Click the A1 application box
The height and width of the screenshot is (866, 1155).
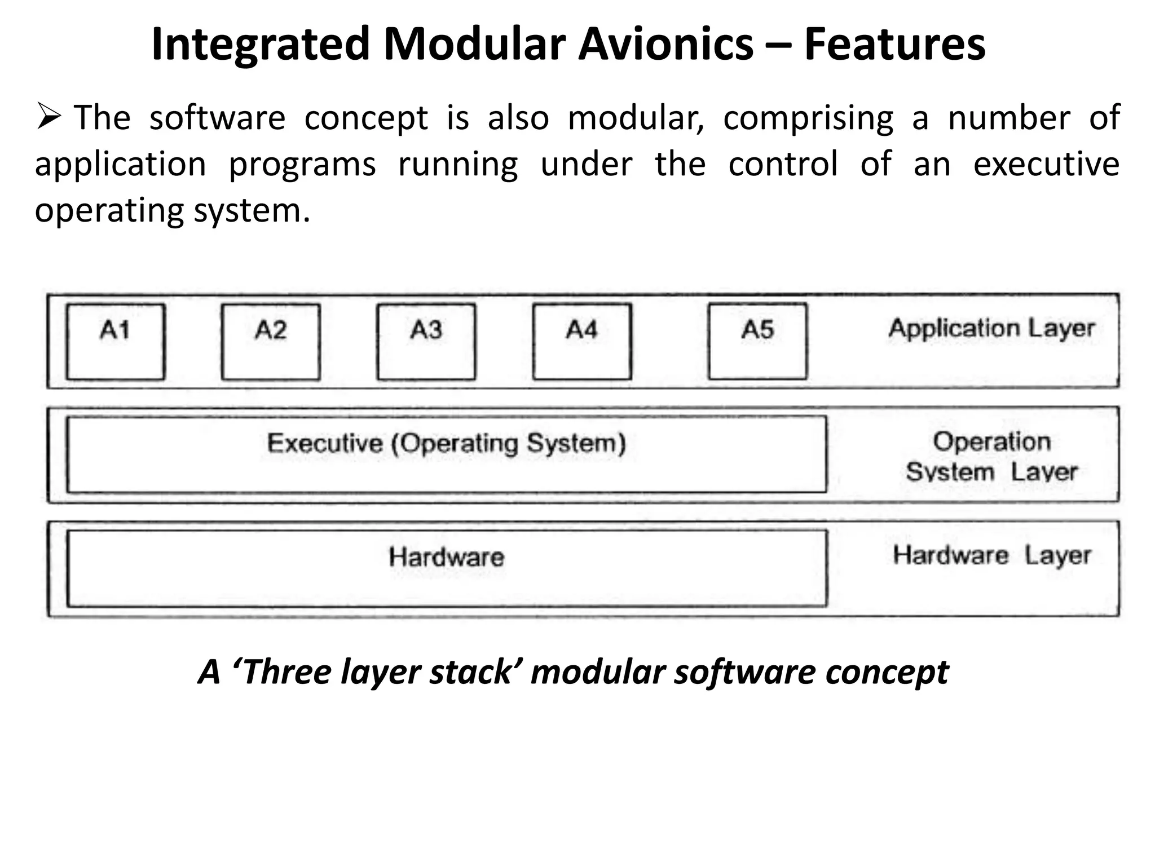(116, 342)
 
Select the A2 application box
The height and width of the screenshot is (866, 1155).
(271, 342)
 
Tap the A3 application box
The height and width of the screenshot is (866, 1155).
(426, 342)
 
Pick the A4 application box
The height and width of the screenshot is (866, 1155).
(582, 342)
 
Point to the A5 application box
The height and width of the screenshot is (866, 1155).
(757, 341)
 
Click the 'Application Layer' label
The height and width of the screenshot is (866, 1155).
(991, 329)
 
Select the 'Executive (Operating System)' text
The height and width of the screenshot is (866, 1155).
(447, 443)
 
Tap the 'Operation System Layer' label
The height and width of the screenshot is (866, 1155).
(991, 457)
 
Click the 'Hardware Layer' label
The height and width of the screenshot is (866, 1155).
(991, 555)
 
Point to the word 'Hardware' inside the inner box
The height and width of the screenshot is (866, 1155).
(447, 557)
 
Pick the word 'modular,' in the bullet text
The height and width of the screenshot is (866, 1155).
(636, 118)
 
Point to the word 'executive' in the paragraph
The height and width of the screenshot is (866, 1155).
(1046, 165)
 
